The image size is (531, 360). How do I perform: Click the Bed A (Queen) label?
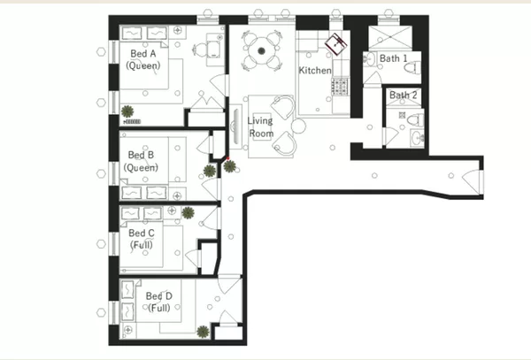click(141, 58)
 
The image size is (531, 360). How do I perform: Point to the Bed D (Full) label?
click(159, 301)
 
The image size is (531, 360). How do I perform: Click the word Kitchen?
click(314, 70)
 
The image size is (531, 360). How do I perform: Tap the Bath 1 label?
click(394, 58)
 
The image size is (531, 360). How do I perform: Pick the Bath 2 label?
click(403, 95)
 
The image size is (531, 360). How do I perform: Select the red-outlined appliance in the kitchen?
click(335, 42)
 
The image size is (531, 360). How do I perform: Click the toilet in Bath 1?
click(369, 59)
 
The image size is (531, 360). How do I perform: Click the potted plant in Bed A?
click(128, 110)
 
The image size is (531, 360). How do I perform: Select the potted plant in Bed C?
click(189, 212)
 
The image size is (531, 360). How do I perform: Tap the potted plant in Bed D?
click(204, 331)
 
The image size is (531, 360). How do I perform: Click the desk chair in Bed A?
click(200, 49)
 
